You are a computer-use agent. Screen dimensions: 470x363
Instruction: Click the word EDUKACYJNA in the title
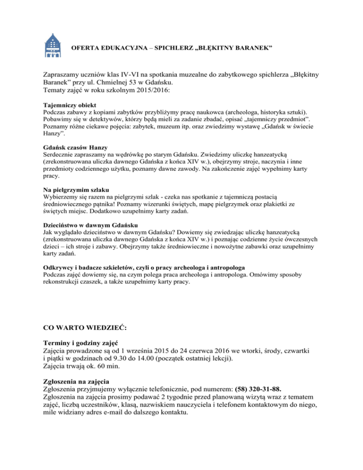coord(117,49)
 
